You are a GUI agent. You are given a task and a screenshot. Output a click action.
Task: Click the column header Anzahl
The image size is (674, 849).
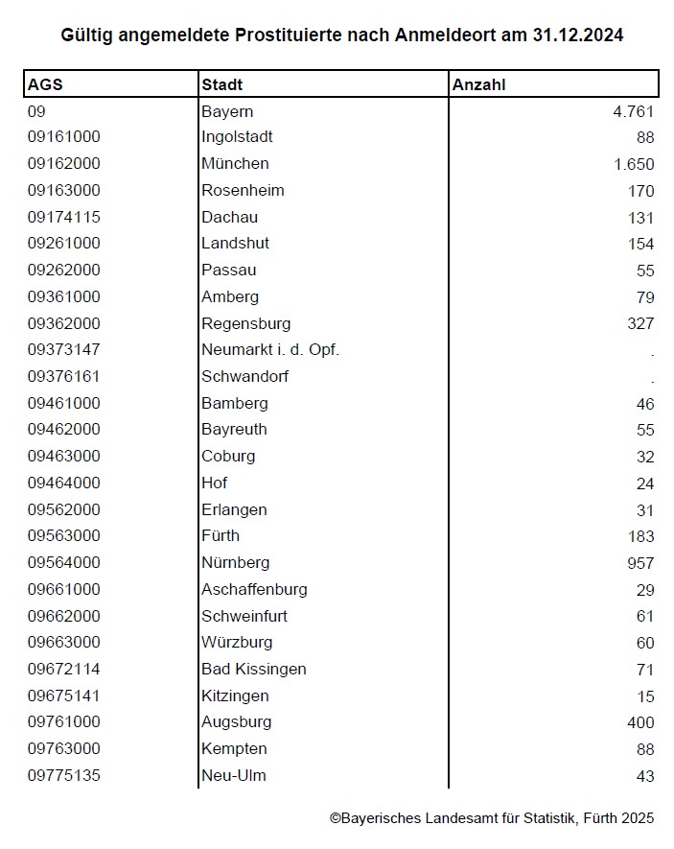478,84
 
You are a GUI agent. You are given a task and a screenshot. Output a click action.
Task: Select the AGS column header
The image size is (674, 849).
45,84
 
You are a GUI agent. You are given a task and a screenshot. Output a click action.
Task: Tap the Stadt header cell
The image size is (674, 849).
221,84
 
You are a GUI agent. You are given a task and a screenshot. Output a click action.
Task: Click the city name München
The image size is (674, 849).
235,163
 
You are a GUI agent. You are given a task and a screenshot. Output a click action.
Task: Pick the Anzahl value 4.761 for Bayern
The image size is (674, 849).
634,111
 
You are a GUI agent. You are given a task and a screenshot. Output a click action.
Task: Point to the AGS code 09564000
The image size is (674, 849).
64,562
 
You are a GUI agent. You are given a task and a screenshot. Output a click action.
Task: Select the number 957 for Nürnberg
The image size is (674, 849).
639,563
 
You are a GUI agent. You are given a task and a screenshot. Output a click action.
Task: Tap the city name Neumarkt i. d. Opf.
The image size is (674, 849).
270,349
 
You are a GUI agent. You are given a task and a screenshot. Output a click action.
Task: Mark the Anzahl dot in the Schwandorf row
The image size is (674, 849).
652,378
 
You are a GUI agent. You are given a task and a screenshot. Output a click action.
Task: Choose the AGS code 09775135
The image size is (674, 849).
64,775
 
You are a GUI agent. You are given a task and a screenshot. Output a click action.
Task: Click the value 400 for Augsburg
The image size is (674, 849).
639,722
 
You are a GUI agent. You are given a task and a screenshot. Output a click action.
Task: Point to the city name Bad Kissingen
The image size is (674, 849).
254,669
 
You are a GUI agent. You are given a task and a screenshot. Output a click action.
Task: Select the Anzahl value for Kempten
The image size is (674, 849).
644,749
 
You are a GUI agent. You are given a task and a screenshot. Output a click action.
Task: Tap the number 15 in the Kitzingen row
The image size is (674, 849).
645,696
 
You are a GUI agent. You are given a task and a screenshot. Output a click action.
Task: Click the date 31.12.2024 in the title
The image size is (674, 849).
579,35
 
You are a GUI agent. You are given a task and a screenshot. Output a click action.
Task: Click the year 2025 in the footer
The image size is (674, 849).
637,818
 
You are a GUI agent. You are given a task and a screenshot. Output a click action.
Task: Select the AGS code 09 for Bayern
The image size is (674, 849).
36,111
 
